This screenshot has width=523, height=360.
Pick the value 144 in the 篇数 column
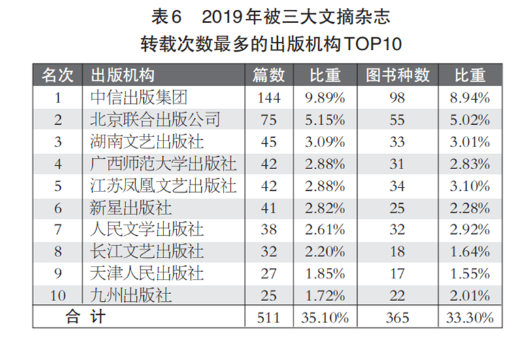pyautogui.click(x=268, y=98)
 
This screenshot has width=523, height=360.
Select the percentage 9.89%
pyautogui.click(x=325, y=98)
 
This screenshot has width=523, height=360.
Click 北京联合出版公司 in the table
pyautogui.click(x=154, y=120)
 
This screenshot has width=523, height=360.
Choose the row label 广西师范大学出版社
pyautogui.click(x=163, y=164)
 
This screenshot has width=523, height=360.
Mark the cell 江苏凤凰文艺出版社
pyautogui.click(x=163, y=186)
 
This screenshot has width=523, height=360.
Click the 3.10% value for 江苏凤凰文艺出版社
pyautogui.click(x=470, y=186)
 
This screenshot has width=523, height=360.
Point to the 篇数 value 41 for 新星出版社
pyautogui.click(x=268, y=208)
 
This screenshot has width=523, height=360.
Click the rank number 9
pyautogui.click(x=58, y=274)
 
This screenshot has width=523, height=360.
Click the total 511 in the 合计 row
pyautogui.click(x=268, y=318)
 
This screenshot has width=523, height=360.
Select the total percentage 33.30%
pyautogui.click(x=470, y=318)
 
